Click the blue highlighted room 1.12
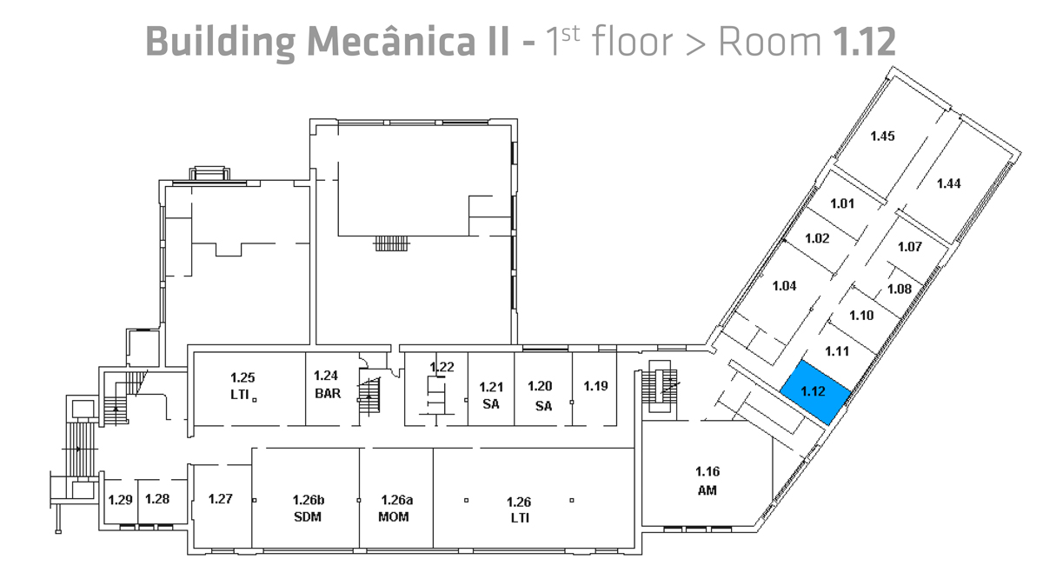click(814, 392)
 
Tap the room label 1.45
click(882, 136)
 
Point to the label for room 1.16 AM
click(707, 481)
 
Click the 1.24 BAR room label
click(326, 384)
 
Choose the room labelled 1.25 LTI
click(242, 385)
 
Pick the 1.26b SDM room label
click(308, 509)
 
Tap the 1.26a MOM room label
click(396, 509)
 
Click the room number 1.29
click(119, 499)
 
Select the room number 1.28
click(156, 499)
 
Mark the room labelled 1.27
click(221, 499)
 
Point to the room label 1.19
click(595, 385)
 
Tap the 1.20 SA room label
click(541, 396)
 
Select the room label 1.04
click(784, 285)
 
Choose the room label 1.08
click(899, 290)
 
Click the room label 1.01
click(842, 204)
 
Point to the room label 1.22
click(442, 367)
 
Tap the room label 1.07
click(909, 247)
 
